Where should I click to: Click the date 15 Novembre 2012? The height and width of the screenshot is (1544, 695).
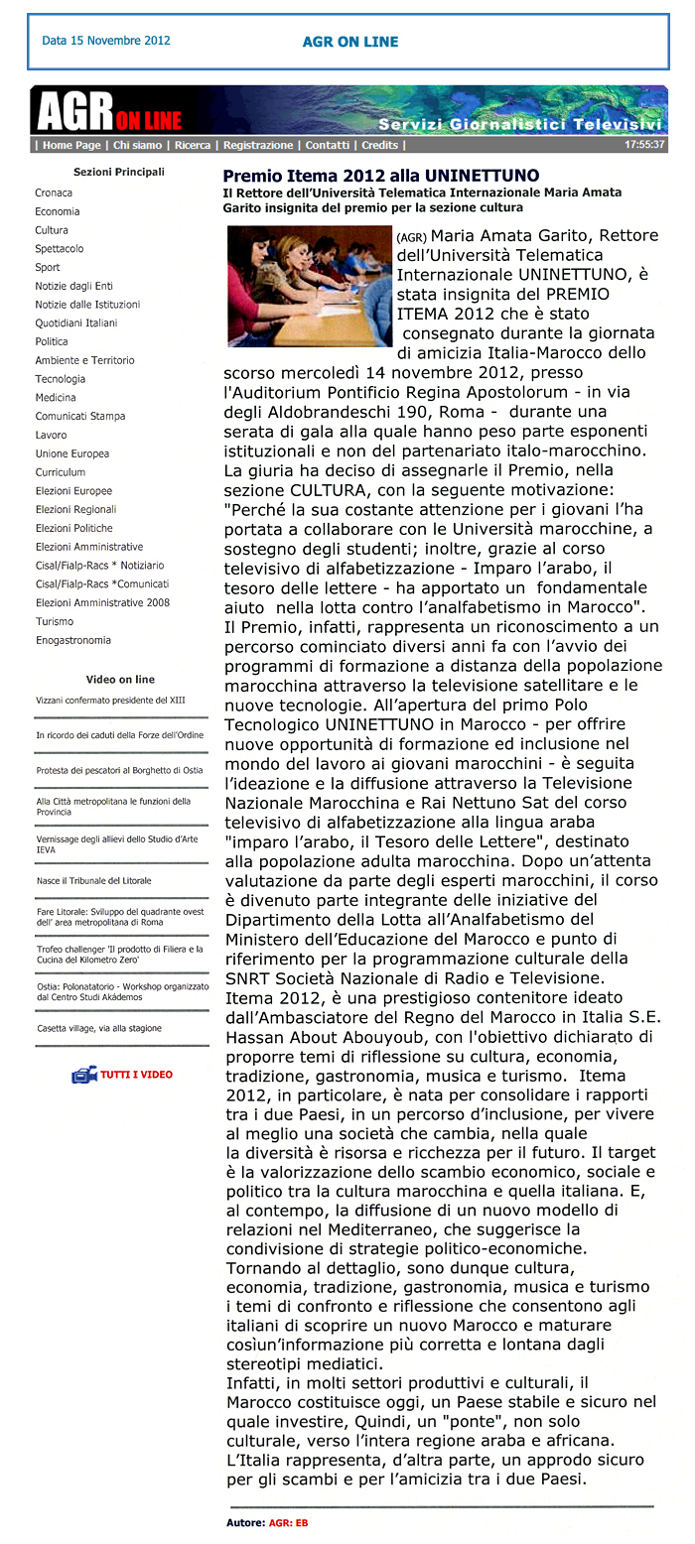pyautogui.click(x=106, y=41)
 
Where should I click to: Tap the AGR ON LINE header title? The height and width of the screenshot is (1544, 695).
pyautogui.click(x=350, y=42)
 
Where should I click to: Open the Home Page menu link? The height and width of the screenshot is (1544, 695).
pyautogui.click(x=71, y=145)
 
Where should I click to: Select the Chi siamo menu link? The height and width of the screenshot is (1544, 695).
pyautogui.click(x=137, y=145)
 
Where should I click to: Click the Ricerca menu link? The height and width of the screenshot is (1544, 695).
pyautogui.click(x=193, y=145)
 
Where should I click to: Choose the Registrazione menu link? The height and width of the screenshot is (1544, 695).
pyautogui.click(x=258, y=145)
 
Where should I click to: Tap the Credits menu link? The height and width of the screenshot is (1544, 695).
pyautogui.click(x=379, y=145)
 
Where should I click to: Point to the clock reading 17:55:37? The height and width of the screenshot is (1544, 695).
pyautogui.click(x=644, y=145)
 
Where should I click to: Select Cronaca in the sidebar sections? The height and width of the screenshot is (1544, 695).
pyautogui.click(x=54, y=193)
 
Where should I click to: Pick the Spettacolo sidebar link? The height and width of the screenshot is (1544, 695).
pyautogui.click(x=60, y=249)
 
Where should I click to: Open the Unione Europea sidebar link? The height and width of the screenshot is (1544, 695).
pyautogui.click(x=72, y=453)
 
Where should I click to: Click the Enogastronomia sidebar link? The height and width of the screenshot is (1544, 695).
pyautogui.click(x=73, y=640)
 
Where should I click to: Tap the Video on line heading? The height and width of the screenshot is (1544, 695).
pyautogui.click(x=120, y=680)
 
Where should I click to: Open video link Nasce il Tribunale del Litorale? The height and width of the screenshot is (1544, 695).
pyautogui.click(x=94, y=881)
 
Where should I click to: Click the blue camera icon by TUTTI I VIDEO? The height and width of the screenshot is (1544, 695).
pyautogui.click(x=83, y=1075)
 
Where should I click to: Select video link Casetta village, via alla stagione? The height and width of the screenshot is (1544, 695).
pyautogui.click(x=99, y=1029)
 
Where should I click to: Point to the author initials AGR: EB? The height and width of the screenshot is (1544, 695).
pyautogui.click(x=288, y=1522)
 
